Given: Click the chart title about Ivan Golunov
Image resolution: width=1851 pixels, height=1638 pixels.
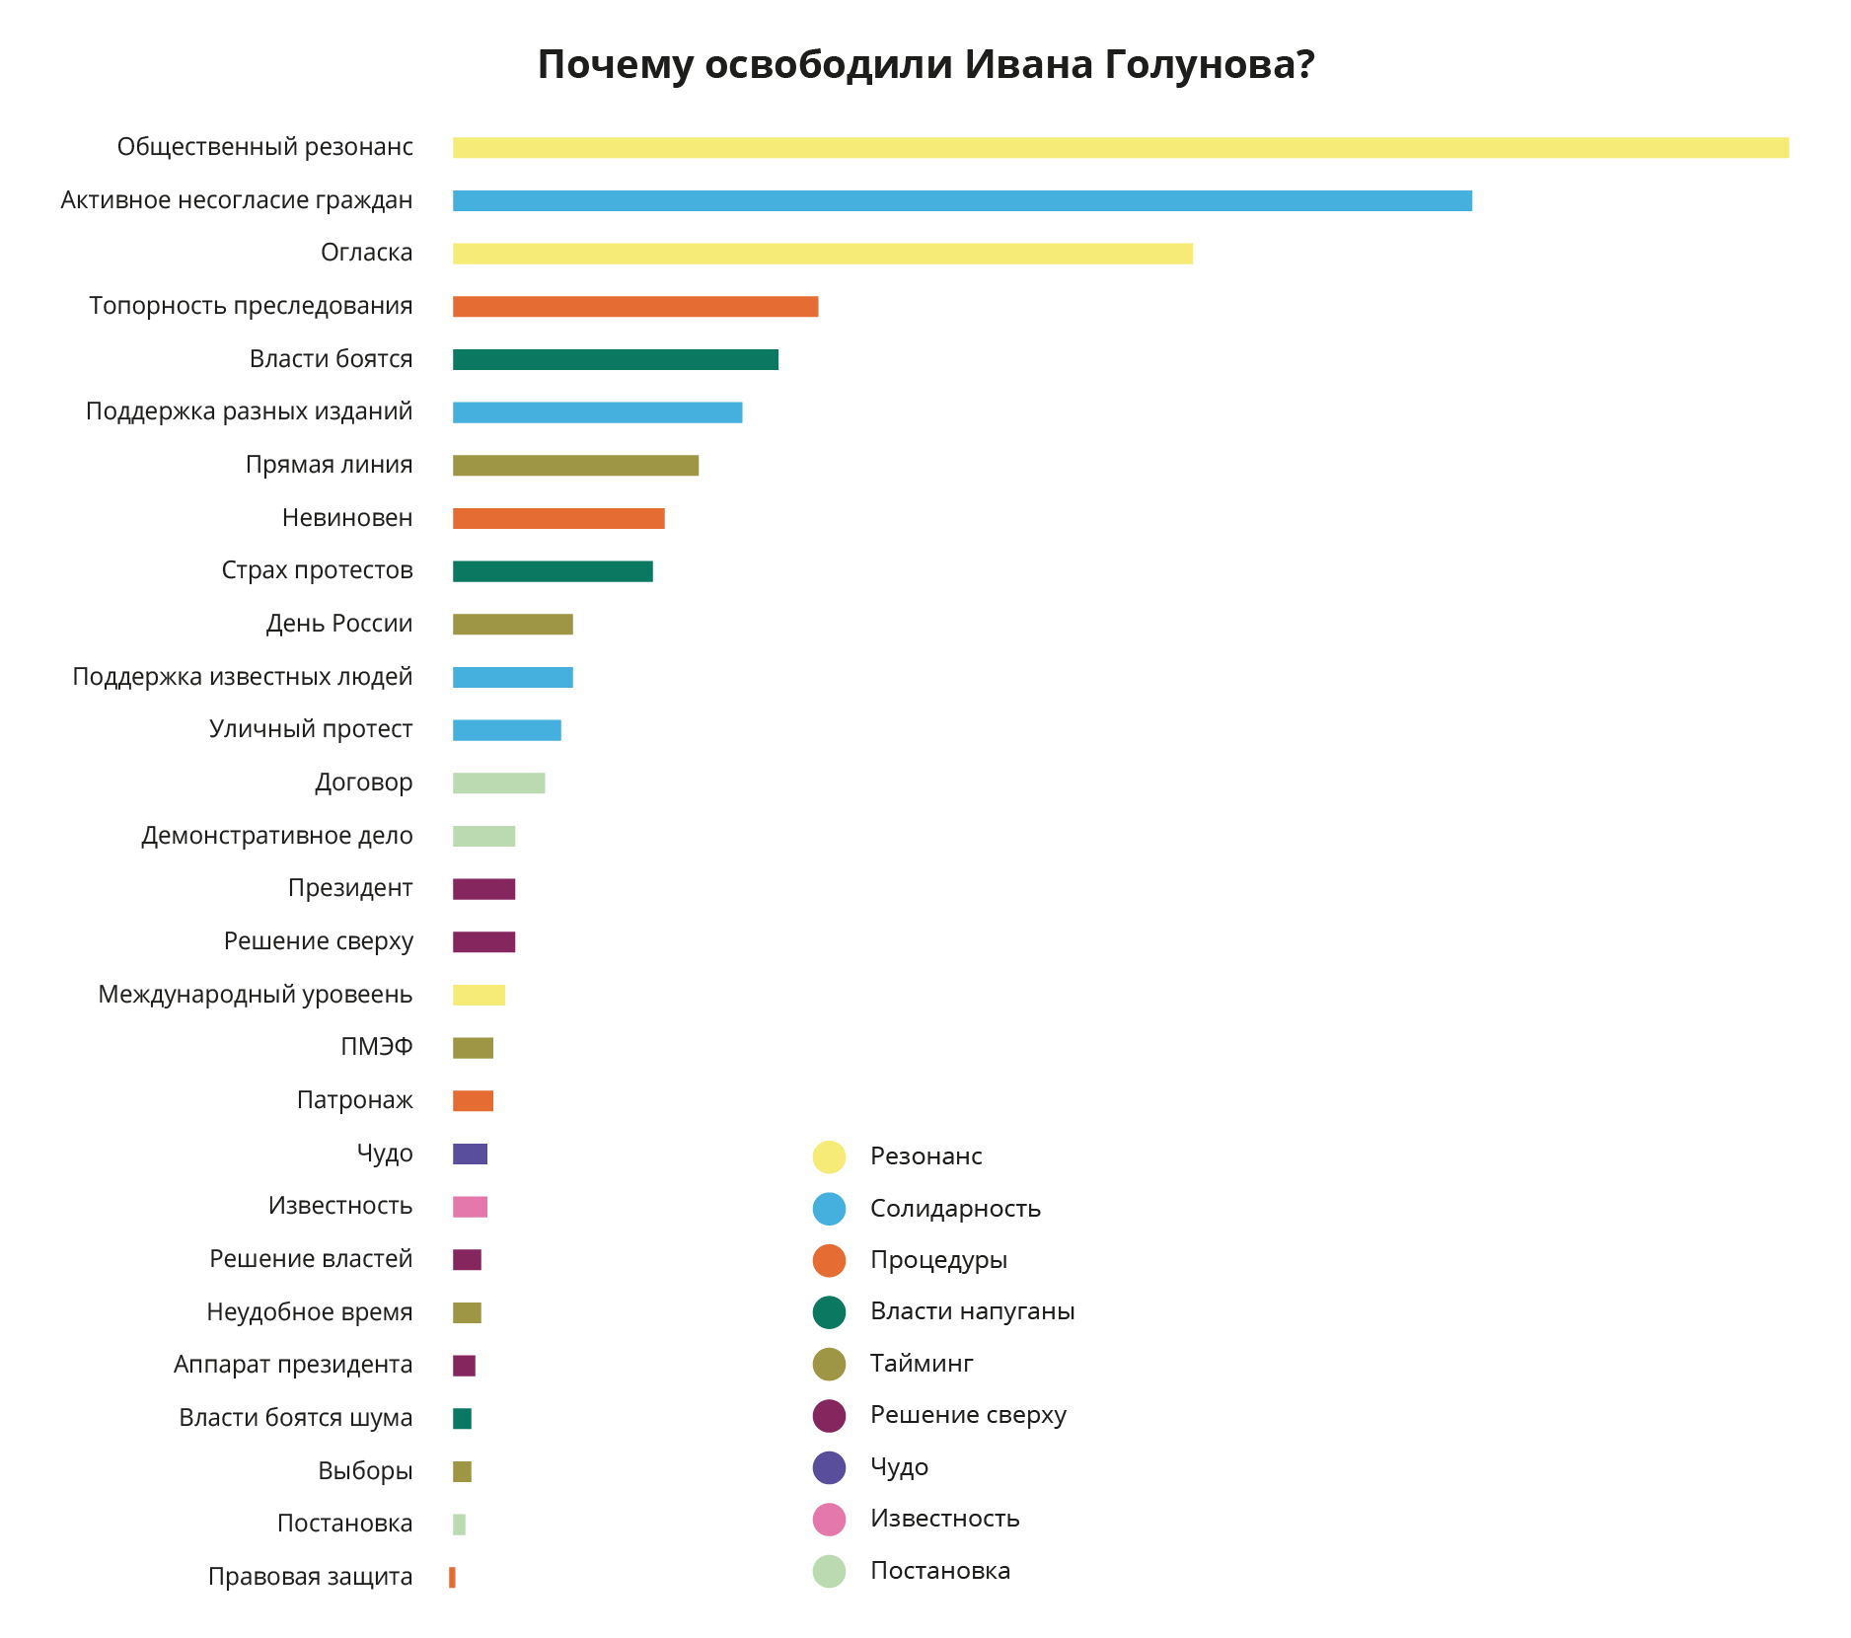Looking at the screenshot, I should (925, 65).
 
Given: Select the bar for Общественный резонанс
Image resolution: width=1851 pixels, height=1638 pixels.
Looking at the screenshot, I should (1120, 148).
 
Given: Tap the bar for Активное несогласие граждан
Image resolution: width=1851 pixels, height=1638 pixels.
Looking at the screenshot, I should (962, 201).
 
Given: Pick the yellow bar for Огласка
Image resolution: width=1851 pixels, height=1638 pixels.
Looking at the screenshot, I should (823, 254).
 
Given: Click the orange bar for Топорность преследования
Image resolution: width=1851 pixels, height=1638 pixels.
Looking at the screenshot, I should (635, 307).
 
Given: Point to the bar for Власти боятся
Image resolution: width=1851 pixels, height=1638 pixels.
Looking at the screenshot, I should (615, 360).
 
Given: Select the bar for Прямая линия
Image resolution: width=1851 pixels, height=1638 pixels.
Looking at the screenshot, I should (575, 466).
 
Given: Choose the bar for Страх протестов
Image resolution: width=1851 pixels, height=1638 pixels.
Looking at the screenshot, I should (553, 571).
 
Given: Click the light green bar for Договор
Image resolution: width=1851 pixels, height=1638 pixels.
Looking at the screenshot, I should (498, 783).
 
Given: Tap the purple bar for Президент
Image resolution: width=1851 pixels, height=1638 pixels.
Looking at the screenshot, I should (483, 889).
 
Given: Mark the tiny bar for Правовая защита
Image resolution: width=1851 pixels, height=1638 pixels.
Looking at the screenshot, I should (452, 1578).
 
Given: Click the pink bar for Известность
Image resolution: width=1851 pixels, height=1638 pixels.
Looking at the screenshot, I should (470, 1207).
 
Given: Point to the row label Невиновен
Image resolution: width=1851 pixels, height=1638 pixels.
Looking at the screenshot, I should (346, 518).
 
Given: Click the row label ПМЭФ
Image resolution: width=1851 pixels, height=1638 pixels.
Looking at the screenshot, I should (376, 1047).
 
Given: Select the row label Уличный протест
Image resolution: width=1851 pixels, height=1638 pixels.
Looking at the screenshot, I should (310, 730).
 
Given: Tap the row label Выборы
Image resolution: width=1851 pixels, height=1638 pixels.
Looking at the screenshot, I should (365, 1471).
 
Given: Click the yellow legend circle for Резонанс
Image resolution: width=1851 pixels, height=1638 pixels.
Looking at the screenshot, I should (829, 1157).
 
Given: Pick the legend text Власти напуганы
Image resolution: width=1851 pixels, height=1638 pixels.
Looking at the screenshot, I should (972, 1311).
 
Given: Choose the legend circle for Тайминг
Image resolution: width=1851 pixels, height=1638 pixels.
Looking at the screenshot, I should (829, 1365).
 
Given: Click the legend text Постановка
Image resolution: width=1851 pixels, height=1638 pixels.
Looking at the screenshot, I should (939, 1571).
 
